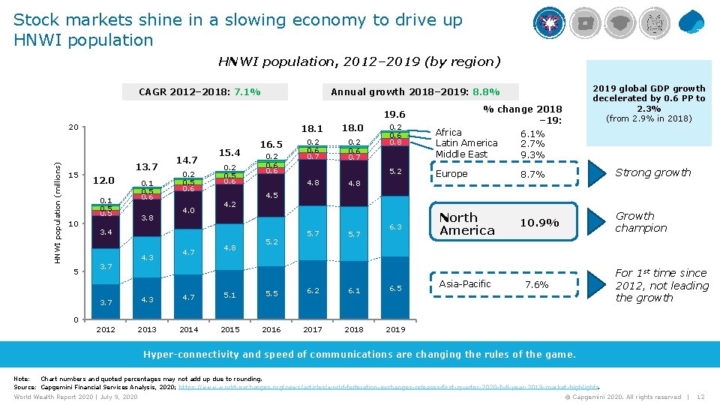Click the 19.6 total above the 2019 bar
pos(394,115)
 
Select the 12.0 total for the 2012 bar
pos(103,180)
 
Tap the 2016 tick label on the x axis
pos(271,329)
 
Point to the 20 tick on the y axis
pos(72,127)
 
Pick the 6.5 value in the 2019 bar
pos(395,289)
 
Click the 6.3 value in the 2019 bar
pos(395,226)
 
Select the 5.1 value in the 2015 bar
pos(230,295)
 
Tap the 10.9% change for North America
pos(538,223)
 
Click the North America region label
pos(467,223)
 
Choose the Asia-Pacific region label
pos(465,283)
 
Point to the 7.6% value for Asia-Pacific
pos(536,284)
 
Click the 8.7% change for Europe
pos(533,174)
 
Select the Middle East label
pos(461,154)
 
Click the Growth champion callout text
pos(640,222)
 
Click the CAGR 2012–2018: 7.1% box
pos(199,92)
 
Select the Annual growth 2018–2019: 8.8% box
pos(415,92)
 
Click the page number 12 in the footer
pos(700,397)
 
